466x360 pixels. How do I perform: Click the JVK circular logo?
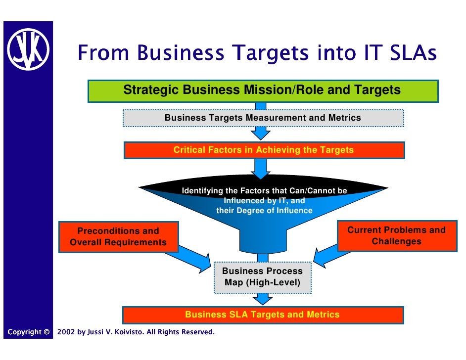click(x=28, y=49)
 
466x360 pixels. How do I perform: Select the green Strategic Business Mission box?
click(x=263, y=90)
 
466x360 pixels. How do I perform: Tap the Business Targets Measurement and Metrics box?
click(x=263, y=118)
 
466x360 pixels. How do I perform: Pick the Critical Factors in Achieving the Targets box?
click(x=264, y=150)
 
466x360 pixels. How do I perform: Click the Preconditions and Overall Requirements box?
click(x=118, y=237)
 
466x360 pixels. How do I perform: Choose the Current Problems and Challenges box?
click(x=396, y=236)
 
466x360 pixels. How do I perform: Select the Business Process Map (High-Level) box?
click(x=262, y=277)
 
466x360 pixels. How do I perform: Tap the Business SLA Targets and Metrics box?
click(x=263, y=315)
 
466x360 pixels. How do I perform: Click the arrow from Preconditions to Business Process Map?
click(x=193, y=257)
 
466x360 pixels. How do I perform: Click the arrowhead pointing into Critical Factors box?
click(x=261, y=134)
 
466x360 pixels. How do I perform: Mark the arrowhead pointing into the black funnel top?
click(x=261, y=174)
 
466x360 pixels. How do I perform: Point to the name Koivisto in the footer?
click(x=129, y=332)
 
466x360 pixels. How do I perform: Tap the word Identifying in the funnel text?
click(x=202, y=191)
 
